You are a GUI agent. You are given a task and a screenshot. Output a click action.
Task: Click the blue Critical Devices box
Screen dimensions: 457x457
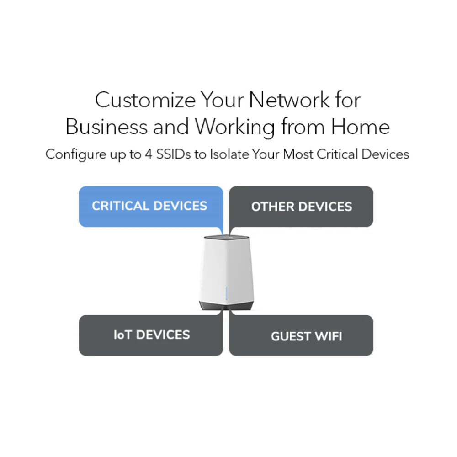pyautogui.click(x=151, y=207)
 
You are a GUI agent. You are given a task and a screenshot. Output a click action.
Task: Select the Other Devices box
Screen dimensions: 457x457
pyautogui.click(x=301, y=207)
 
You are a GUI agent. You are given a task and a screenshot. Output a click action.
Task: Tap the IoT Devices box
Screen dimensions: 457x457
pyautogui.click(x=151, y=335)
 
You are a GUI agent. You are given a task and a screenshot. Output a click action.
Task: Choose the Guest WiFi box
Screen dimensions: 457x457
pyautogui.click(x=301, y=335)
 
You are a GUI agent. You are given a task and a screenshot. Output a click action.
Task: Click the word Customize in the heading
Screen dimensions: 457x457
pyautogui.click(x=145, y=100)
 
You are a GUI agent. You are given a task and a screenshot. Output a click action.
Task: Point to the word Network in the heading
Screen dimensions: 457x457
pyautogui.click(x=289, y=100)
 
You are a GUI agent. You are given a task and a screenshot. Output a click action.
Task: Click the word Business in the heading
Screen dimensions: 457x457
pyautogui.click(x=106, y=127)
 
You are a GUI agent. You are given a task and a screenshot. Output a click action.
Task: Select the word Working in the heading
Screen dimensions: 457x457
pyautogui.click(x=235, y=128)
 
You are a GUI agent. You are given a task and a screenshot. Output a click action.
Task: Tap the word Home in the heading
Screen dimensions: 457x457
pyautogui.click(x=360, y=127)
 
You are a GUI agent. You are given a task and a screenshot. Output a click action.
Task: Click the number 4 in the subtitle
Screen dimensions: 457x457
pyautogui.click(x=149, y=154)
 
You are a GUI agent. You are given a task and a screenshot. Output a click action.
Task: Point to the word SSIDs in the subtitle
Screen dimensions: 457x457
pyautogui.click(x=174, y=154)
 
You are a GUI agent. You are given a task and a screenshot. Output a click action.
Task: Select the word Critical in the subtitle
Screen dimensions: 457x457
pyautogui.click(x=337, y=154)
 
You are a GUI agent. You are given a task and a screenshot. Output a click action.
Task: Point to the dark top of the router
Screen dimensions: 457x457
pyautogui.click(x=226, y=238)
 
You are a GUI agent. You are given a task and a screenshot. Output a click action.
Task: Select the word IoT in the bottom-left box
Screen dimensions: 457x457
pyautogui.click(x=122, y=335)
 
